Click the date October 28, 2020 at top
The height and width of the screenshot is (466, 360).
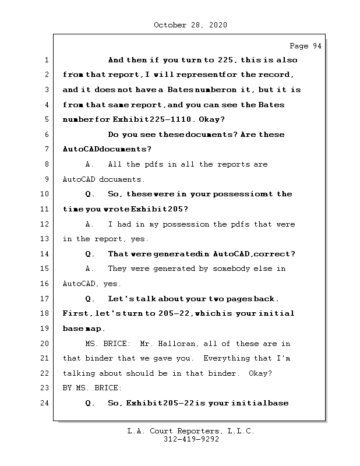[190, 25]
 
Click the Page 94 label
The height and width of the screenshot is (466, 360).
[305, 47]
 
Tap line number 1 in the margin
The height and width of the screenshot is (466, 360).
[45, 60]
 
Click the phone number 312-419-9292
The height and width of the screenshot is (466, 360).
[191, 440]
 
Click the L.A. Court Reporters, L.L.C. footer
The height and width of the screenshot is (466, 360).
[191, 431]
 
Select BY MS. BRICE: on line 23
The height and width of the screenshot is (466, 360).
[93, 388]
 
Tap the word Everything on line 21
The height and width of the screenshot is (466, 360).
[226, 358]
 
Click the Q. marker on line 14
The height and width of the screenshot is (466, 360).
[90, 254]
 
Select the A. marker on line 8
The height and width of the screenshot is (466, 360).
[90, 164]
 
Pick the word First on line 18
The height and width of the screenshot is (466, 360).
[76, 313]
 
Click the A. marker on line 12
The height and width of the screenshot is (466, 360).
[90, 224]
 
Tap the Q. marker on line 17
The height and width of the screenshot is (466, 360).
[90, 299]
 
